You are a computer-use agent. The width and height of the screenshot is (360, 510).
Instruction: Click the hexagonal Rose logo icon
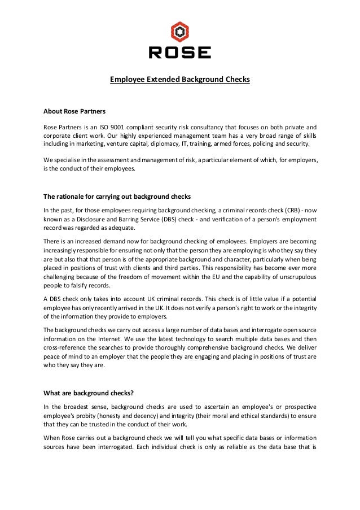(179, 32)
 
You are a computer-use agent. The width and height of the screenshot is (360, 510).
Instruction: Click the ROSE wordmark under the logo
(179, 53)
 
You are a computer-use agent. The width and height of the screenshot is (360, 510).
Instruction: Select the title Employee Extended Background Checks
(179, 80)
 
